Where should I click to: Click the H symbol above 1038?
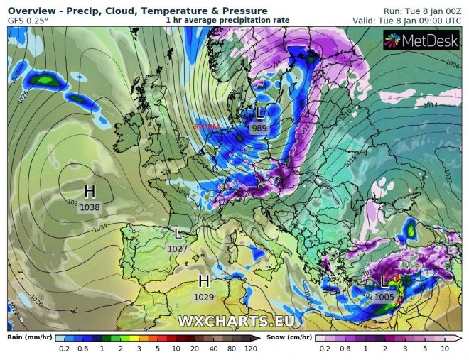[x=90, y=192]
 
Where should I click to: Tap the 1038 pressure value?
[x=90, y=207]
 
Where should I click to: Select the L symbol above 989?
[x=260, y=113]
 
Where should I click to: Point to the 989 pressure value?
[x=259, y=128]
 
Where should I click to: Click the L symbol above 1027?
[x=177, y=234]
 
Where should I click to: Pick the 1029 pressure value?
[x=203, y=295]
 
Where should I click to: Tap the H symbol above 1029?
[x=204, y=280]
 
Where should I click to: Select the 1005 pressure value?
[x=384, y=297]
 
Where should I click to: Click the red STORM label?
[x=207, y=127]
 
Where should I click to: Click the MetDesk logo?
[x=422, y=42]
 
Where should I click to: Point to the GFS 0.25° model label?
[x=28, y=21]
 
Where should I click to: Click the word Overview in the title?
[x=31, y=11]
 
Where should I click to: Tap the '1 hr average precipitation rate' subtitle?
[x=227, y=21]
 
